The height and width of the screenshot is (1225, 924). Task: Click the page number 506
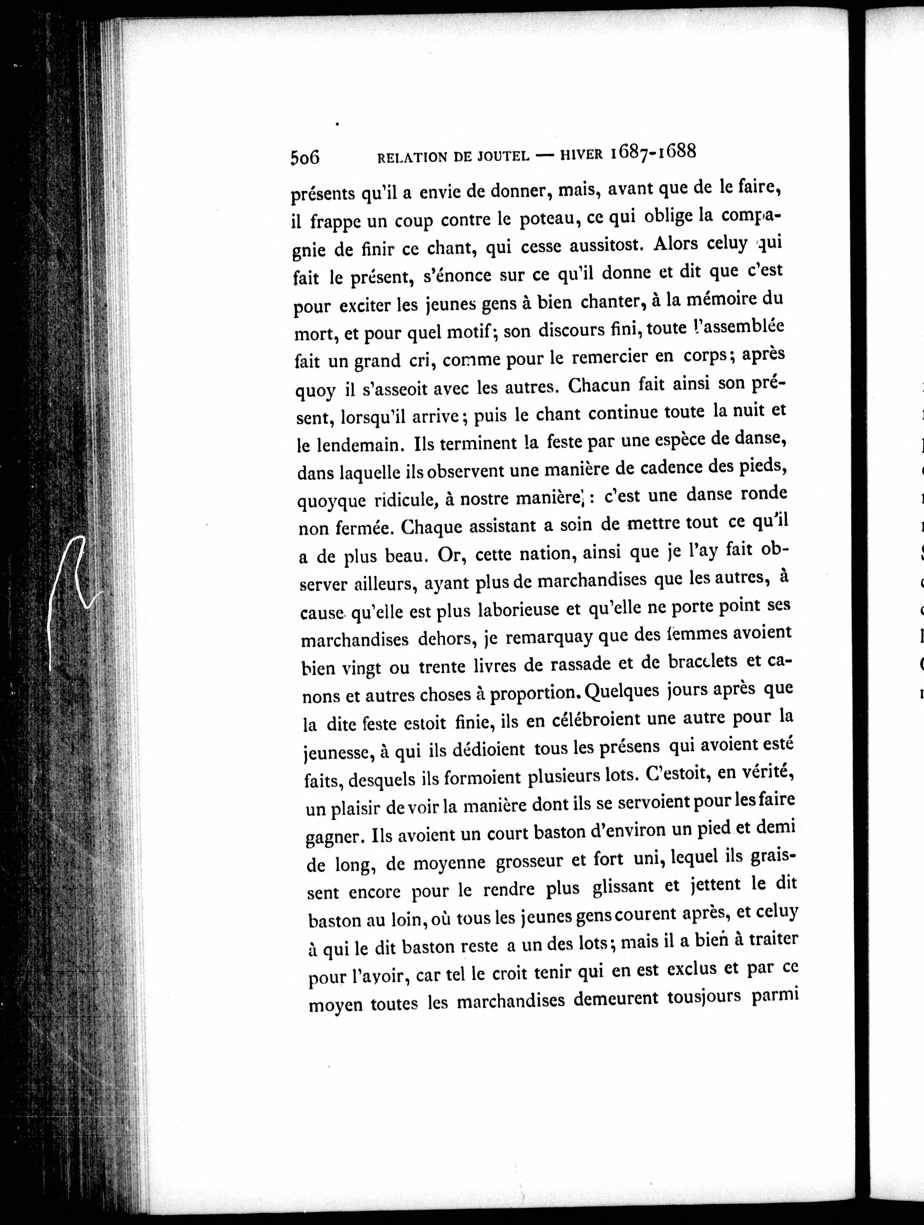pyautogui.click(x=305, y=157)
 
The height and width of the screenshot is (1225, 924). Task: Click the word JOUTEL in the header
pyautogui.click(x=496, y=157)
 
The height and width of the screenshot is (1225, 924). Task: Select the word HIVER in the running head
pyautogui.click(x=581, y=155)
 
